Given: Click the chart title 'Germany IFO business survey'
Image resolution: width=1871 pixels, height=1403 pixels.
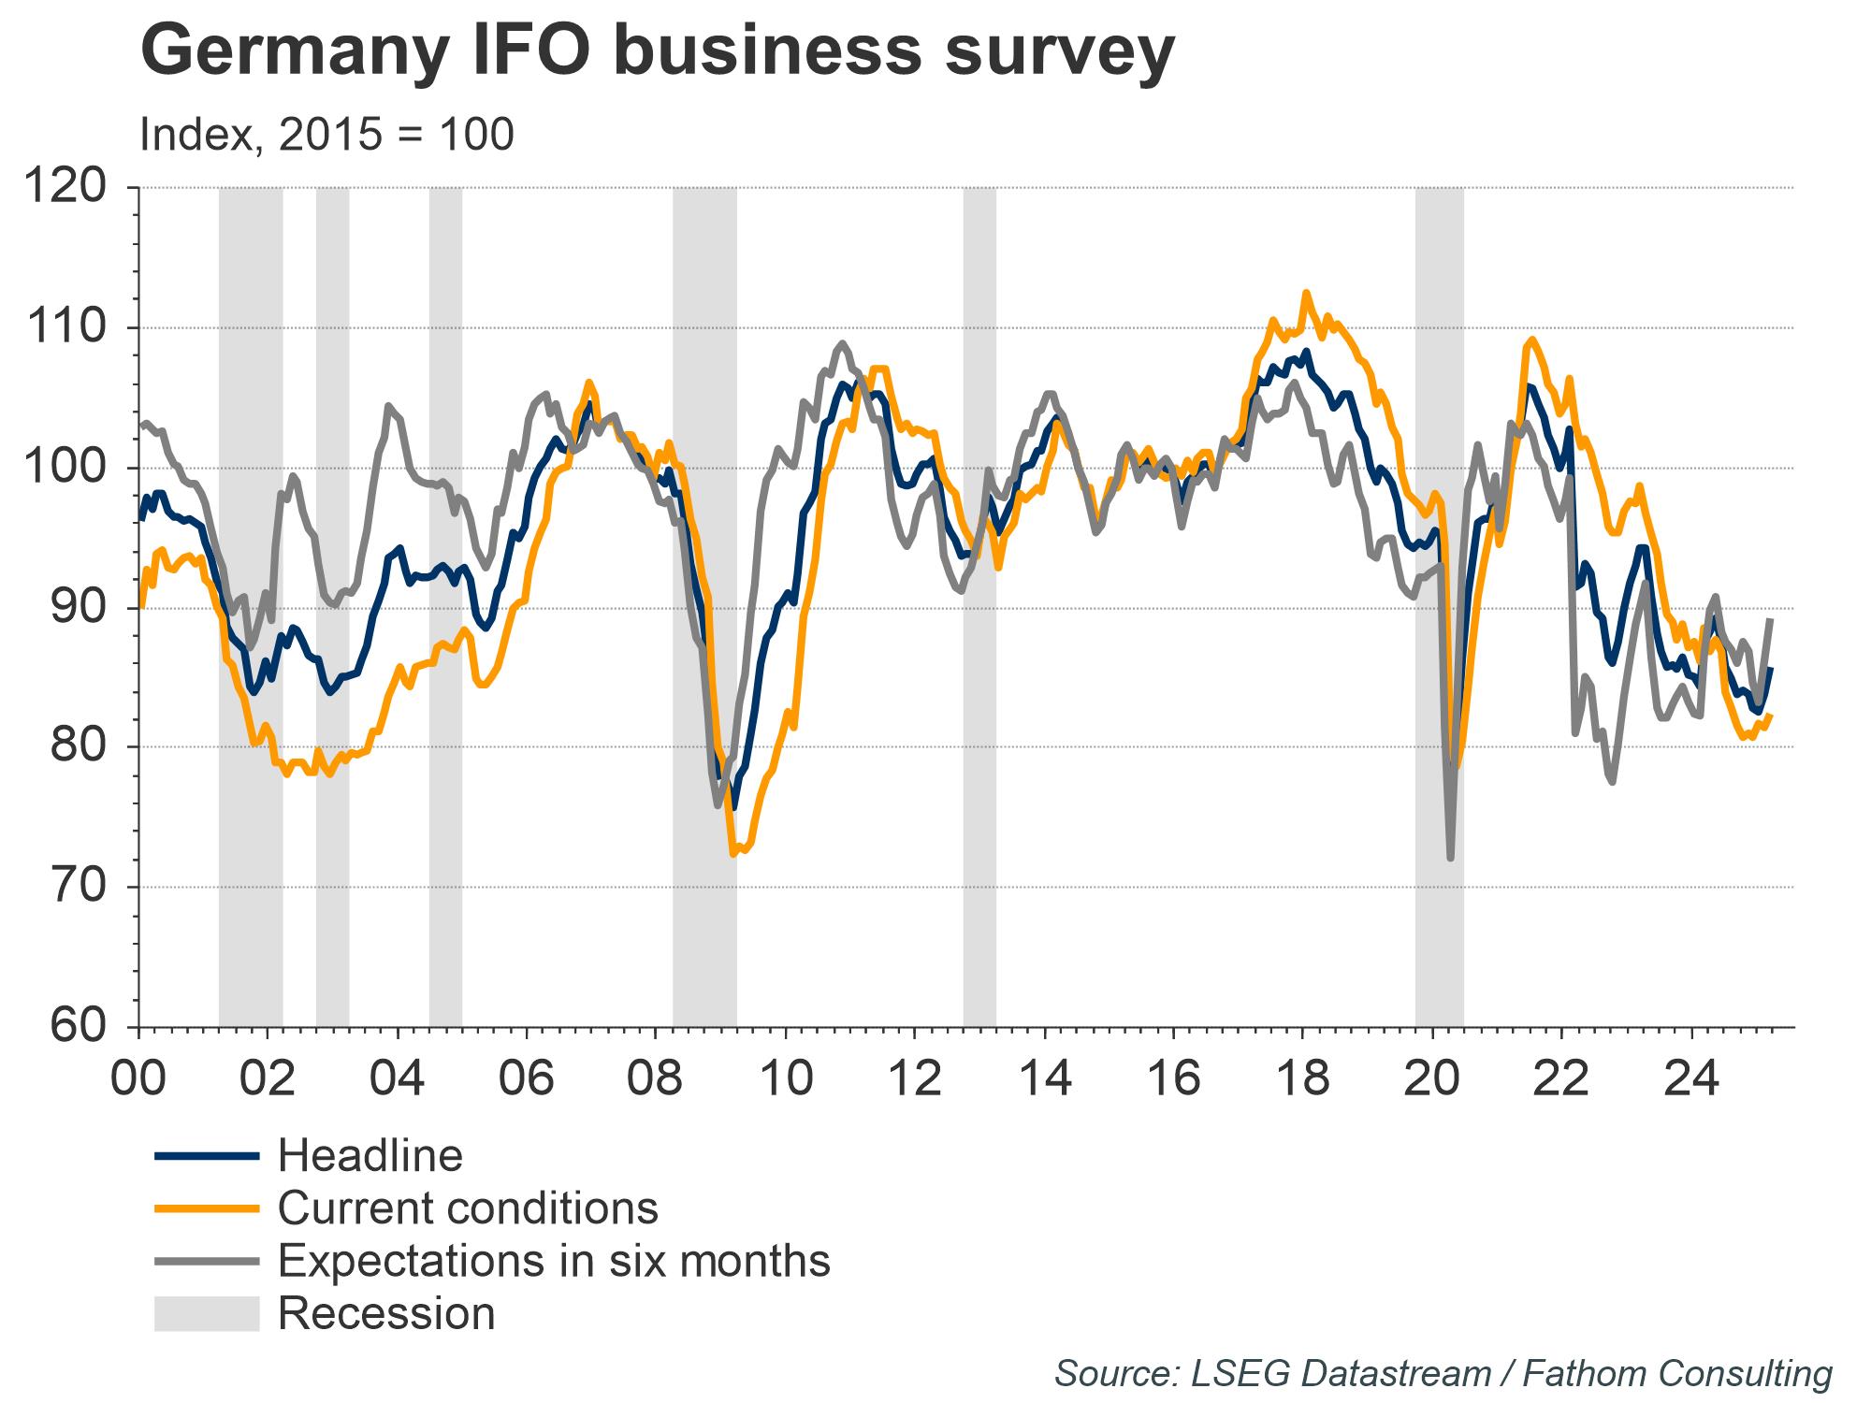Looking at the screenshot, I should click(656, 51).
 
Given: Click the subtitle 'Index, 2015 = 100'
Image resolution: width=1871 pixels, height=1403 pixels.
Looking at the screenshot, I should click(326, 135).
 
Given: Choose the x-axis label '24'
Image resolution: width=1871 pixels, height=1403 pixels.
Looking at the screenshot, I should click(1691, 1078).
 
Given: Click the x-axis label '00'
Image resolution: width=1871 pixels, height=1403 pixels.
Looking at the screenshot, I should click(138, 1078).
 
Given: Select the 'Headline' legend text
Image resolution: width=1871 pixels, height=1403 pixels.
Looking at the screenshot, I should click(370, 1156).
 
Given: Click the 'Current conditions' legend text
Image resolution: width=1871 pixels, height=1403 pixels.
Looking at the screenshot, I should click(468, 1208).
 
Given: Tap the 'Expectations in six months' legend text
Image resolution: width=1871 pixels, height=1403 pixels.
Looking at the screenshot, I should click(554, 1261).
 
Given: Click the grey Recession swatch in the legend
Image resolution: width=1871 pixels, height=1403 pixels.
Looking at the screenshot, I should click(206, 1313).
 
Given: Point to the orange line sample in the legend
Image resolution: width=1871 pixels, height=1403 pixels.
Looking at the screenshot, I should click(206, 1208).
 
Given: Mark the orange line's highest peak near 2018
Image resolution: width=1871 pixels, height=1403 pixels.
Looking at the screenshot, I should click(1306, 293).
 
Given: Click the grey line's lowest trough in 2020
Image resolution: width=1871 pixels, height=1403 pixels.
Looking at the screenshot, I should click(1450, 858).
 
